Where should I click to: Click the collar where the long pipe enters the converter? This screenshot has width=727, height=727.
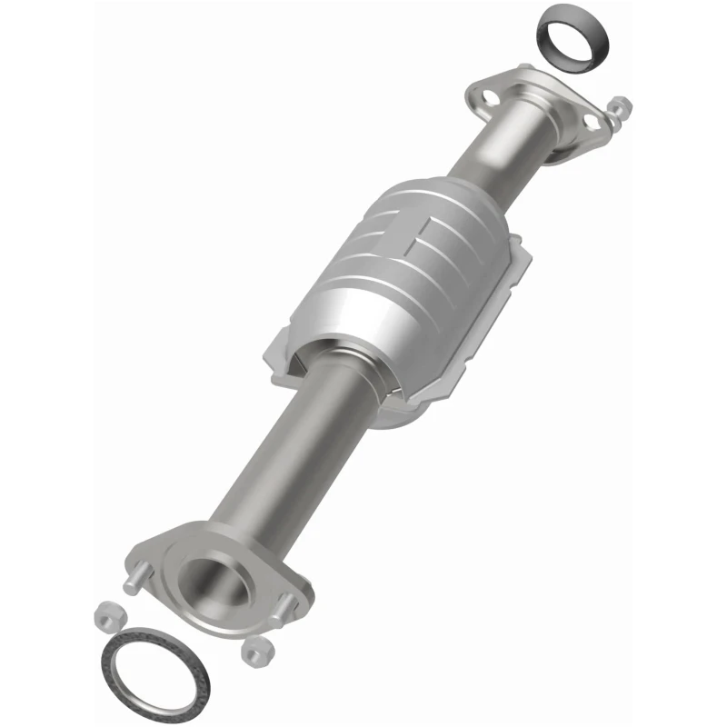tap(341, 363)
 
